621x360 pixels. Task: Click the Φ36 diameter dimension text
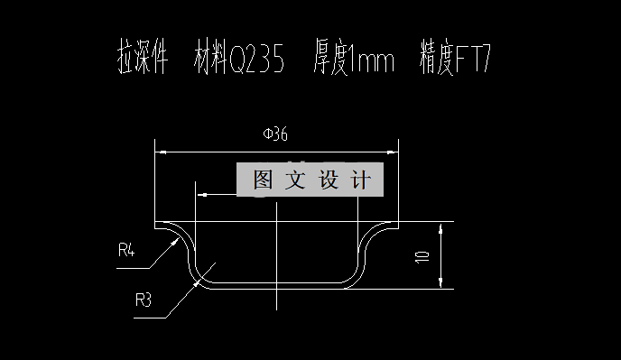pos(274,135)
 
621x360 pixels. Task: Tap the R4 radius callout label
pos(126,250)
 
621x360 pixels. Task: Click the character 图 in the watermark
pos(263,180)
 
